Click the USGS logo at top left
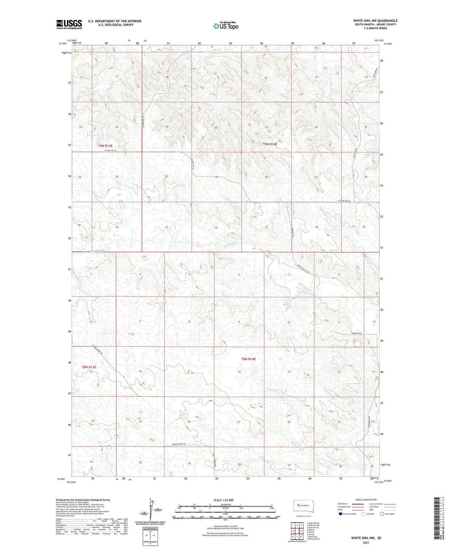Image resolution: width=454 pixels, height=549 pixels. click(x=69, y=24)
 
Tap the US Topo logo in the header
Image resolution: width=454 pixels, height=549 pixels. click(x=225, y=26)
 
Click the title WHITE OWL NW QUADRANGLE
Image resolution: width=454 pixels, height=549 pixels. click(x=375, y=21)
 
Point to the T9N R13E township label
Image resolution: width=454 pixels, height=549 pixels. click(x=105, y=146)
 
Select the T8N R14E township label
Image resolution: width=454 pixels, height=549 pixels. click(x=249, y=359)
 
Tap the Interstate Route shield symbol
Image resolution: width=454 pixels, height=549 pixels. click(x=341, y=514)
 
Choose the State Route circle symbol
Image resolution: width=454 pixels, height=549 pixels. click(x=382, y=514)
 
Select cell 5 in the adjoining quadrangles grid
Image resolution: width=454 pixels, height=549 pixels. click(x=301, y=531)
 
